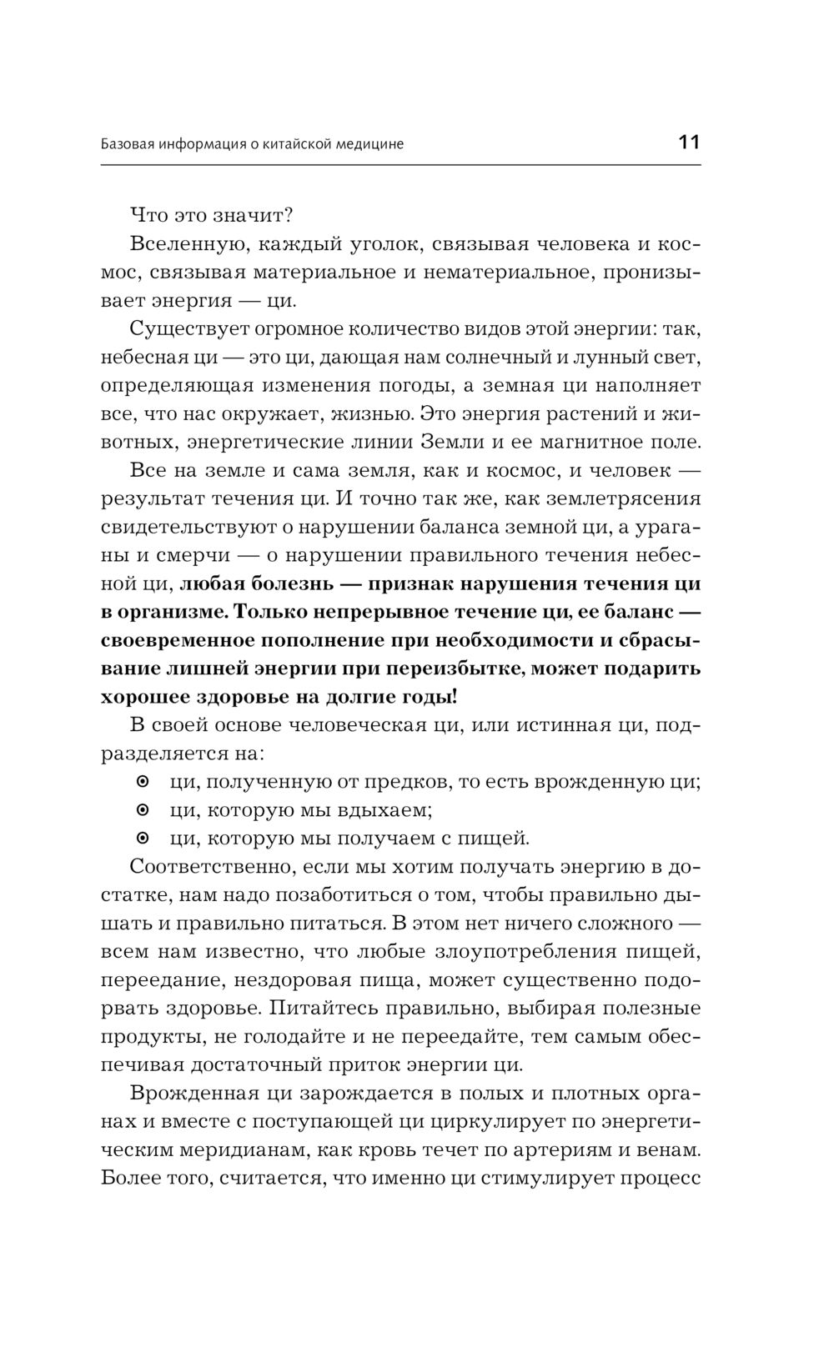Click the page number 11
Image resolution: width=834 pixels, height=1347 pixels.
[689, 142]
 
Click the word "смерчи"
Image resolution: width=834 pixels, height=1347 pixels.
[171, 555]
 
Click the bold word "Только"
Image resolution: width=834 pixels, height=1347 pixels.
[272, 612]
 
